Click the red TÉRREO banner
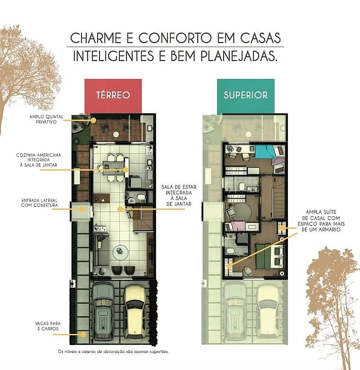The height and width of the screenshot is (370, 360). (x=113, y=96)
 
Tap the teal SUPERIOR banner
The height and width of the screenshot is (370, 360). (x=246, y=96)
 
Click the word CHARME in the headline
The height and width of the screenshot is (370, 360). (x=96, y=38)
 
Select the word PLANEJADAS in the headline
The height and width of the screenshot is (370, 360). (x=239, y=56)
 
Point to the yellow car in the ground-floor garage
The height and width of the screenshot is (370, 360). (x=135, y=312)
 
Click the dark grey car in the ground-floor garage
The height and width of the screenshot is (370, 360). (x=103, y=311)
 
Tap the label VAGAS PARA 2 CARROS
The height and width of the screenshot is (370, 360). (x=48, y=326)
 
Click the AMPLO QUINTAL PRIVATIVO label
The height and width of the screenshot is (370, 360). (x=46, y=119)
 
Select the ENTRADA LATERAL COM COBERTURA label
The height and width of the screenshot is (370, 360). (x=39, y=203)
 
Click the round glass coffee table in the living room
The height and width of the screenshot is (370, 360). (x=120, y=252)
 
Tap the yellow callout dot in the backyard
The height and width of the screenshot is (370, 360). (x=93, y=120)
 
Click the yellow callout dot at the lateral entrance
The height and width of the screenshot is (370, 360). (x=82, y=209)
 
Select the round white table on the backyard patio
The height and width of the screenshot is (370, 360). (x=116, y=134)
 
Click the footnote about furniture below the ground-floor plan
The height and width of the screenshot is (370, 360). (x=113, y=352)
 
